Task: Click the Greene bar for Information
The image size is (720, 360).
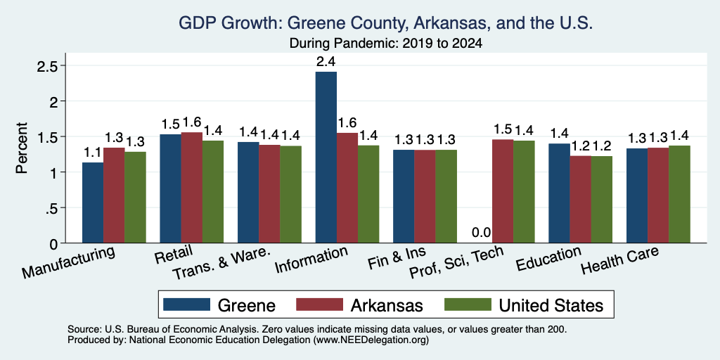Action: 326,157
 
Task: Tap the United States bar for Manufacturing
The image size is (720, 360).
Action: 135,198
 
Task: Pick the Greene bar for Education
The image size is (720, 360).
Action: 559,193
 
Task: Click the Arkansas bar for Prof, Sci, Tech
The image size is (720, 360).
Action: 502,191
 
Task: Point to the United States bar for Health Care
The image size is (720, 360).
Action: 679,194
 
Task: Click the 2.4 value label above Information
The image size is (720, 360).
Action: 326,62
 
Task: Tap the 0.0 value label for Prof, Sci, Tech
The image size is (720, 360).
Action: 481,233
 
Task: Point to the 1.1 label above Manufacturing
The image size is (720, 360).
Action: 92,153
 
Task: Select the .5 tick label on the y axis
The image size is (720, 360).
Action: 52,208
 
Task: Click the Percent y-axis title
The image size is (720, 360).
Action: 22,148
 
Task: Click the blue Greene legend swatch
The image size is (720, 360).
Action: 186,304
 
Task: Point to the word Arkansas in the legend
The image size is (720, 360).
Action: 387,305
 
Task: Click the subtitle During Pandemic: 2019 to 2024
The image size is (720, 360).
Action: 386,44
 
